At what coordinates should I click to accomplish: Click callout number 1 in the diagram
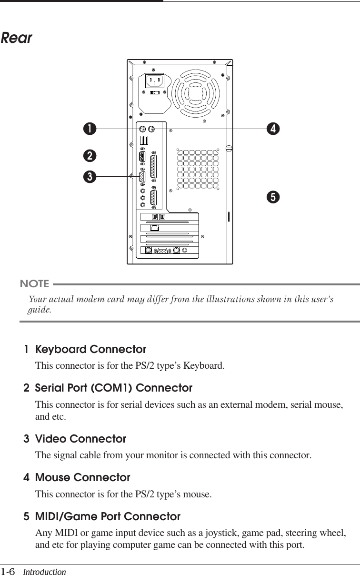[89, 129]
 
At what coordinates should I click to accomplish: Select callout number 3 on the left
[89, 177]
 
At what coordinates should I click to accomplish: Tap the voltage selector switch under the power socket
[155, 93]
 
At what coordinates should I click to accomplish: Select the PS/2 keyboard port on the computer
[143, 129]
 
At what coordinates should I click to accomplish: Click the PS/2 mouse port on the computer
[152, 129]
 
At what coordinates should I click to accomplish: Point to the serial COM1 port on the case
[142, 156]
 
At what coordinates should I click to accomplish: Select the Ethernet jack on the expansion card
[154, 228]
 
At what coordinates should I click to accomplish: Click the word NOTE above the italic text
[35, 284]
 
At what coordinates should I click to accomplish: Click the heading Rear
[17, 38]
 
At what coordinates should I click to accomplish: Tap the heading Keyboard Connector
[90, 350]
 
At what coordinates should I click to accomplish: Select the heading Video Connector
[80, 438]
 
